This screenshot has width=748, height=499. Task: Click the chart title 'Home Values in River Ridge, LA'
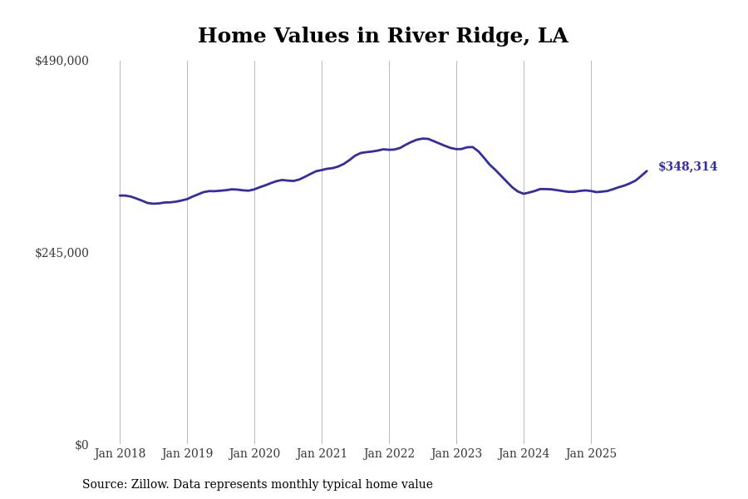382,37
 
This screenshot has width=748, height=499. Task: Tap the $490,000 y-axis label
62,61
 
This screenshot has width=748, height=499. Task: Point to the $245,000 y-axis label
62,253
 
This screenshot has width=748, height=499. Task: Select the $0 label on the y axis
81,445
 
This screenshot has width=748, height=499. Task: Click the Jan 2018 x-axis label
120,454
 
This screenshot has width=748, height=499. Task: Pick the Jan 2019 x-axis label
187,454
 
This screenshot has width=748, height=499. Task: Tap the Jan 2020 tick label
254,454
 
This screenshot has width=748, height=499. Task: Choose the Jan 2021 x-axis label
322,454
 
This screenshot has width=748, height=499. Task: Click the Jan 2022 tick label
389,454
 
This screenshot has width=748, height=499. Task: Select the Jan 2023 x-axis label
456,454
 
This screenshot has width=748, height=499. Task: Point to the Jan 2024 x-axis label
524,454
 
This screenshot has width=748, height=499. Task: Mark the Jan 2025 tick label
591,454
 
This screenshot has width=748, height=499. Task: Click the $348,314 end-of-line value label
687,167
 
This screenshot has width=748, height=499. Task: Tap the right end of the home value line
647,171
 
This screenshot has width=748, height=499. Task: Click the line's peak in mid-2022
424,139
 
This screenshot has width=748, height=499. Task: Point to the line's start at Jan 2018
120,195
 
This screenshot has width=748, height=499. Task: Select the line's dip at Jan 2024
524,194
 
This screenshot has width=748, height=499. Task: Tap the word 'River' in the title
416,37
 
